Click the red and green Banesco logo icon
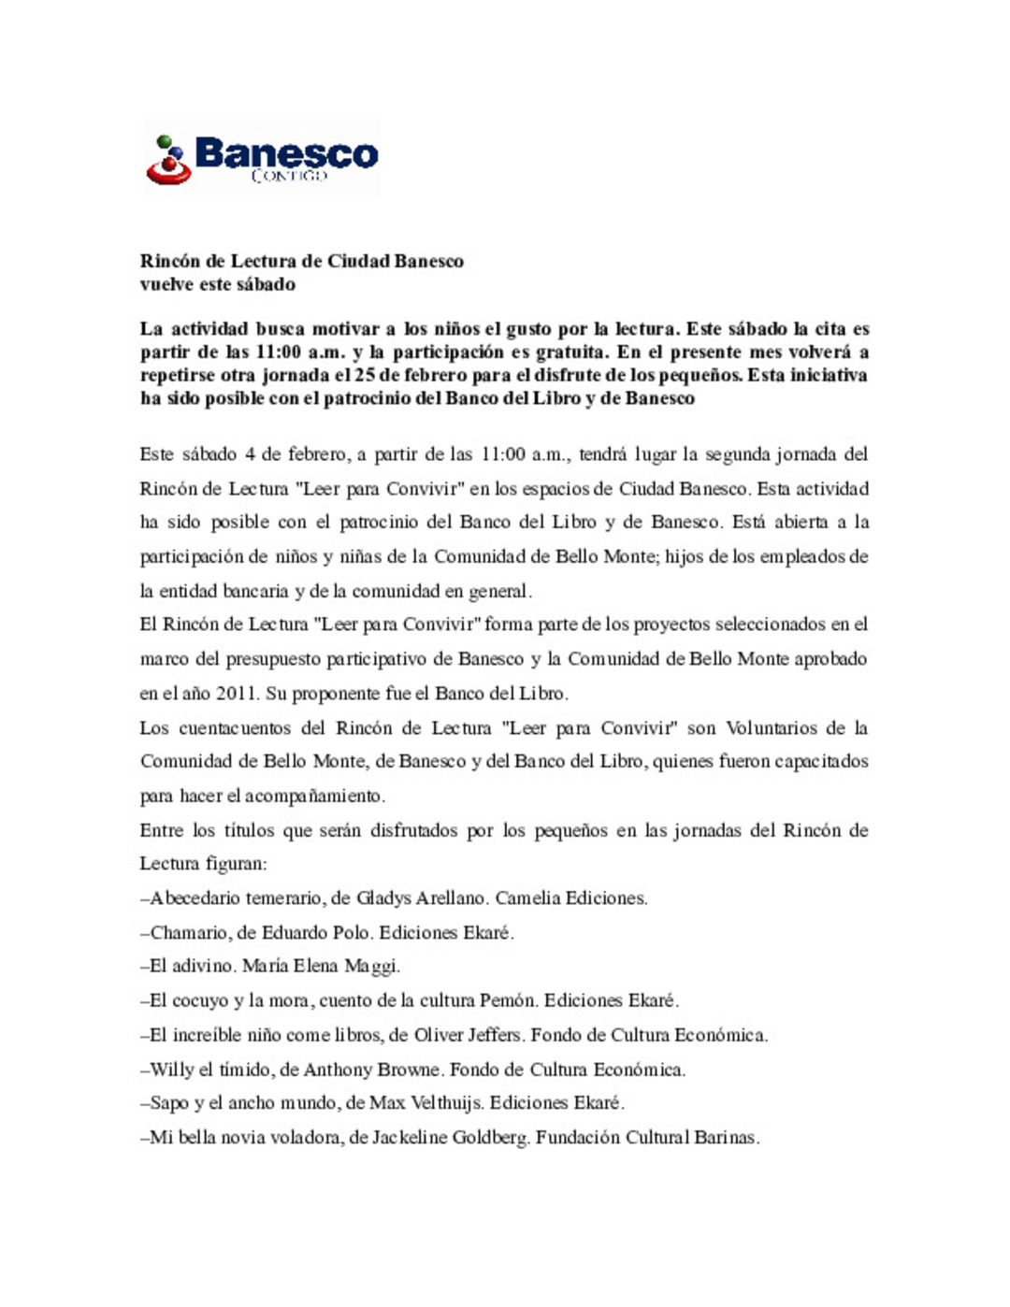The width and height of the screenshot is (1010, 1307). tap(168, 160)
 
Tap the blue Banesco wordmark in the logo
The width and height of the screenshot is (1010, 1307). tap(286, 152)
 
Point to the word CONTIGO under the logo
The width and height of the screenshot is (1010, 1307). tap(289, 175)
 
